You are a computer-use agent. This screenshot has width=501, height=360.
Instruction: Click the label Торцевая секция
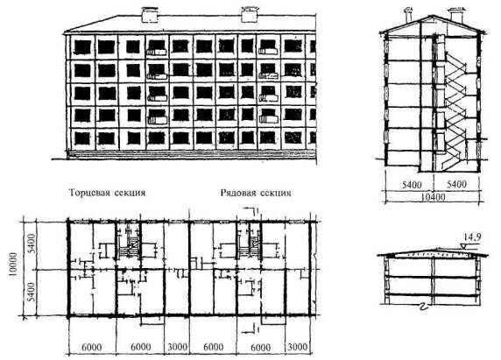(108, 193)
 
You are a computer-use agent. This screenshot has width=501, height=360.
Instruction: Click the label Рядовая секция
(256, 193)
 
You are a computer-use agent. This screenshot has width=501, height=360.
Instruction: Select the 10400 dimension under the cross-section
(433, 197)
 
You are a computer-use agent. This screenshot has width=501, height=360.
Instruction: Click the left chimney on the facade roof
(150, 15)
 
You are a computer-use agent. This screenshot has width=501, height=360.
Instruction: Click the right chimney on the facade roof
(250, 15)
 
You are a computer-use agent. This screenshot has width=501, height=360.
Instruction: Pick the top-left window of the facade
(82, 47)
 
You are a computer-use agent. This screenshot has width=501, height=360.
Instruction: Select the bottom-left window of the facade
(82, 138)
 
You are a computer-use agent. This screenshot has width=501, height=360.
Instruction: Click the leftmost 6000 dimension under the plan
(92, 347)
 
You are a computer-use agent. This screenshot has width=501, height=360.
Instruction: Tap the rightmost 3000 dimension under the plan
(297, 347)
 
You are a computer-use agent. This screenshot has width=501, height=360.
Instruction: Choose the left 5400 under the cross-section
(411, 185)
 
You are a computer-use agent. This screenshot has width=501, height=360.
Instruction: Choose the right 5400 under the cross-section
(456, 184)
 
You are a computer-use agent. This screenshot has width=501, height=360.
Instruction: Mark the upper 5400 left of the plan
(30, 244)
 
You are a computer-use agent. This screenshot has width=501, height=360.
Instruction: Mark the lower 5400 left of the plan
(30, 293)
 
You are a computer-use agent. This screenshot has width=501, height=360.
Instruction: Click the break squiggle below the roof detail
(424, 308)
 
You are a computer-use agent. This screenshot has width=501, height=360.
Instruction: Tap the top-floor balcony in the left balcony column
(157, 52)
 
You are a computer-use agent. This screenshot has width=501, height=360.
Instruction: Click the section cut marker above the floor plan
(252, 211)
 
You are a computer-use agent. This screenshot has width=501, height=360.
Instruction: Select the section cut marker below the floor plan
(252, 330)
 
